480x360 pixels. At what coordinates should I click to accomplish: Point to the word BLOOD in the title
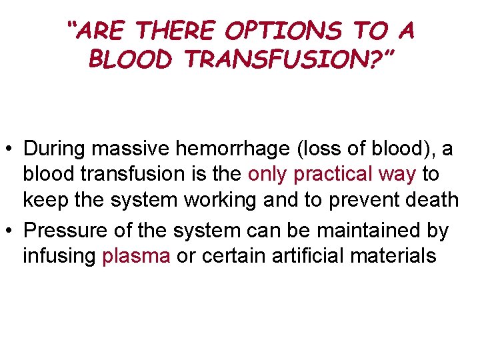[x=131, y=60]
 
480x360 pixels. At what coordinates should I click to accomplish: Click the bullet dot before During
[x=9, y=149]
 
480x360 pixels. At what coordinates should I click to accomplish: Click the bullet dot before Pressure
[x=9, y=231]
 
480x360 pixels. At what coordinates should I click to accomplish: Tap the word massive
[x=129, y=149]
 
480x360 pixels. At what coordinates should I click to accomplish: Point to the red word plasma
[x=137, y=257]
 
